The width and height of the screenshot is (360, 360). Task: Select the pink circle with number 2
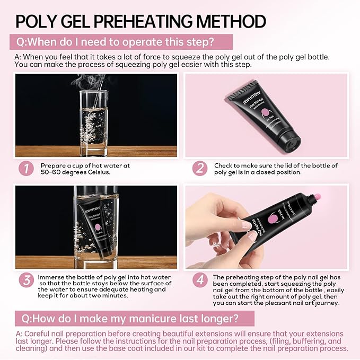[x=199, y=169]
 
